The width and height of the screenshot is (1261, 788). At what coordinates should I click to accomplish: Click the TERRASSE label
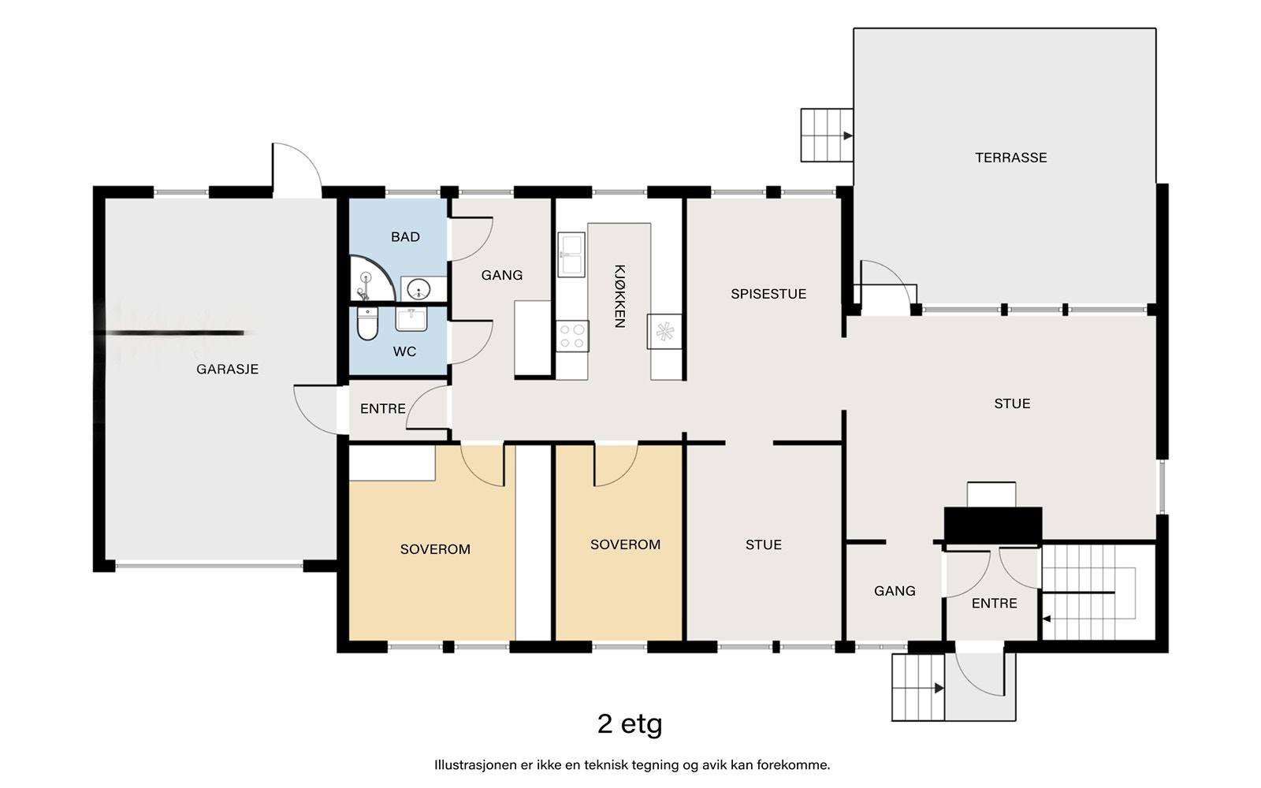pyautogui.click(x=1011, y=158)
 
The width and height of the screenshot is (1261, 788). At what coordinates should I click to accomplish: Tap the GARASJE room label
pyautogui.click(x=228, y=370)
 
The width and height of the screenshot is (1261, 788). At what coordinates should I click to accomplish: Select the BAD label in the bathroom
pyautogui.click(x=405, y=237)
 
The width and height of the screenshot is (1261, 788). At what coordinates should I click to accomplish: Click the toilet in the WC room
pyautogui.click(x=367, y=324)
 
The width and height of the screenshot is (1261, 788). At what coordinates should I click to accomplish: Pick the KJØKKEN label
pyautogui.click(x=619, y=296)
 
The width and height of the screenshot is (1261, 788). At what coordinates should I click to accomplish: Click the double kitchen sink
pyautogui.click(x=571, y=255)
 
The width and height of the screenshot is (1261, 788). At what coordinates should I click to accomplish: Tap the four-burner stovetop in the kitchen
pyautogui.click(x=572, y=336)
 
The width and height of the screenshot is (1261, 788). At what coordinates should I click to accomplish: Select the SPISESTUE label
pyautogui.click(x=768, y=294)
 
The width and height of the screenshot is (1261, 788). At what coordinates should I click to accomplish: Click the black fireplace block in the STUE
pyautogui.click(x=993, y=525)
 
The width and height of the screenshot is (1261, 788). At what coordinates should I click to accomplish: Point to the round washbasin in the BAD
pyautogui.click(x=418, y=290)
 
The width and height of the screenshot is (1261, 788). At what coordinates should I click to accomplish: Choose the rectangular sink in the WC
pyautogui.click(x=411, y=319)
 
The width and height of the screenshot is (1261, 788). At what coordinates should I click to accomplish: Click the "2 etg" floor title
pyautogui.click(x=630, y=724)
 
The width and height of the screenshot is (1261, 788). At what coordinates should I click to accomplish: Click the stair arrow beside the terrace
pyautogui.click(x=848, y=136)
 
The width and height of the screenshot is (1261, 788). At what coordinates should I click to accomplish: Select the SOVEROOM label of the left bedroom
pyautogui.click(x=435, y=549)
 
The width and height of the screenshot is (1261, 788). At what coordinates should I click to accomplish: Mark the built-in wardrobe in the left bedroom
pyautogui.click(x=392, y=463)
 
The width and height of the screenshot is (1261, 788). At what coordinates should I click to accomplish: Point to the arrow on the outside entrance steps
pyautogui.click(x=939, y=688)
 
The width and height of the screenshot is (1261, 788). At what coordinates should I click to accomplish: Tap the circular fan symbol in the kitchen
pyautogui.click(x=665, y=332)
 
